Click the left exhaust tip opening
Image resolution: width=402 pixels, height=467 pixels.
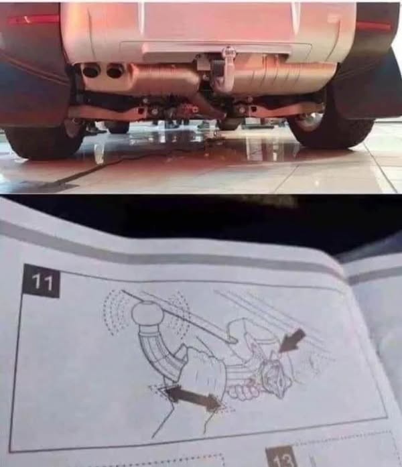[88, 71]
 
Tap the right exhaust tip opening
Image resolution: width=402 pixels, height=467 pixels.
[113, 72]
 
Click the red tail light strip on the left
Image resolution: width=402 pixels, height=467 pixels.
[33, 19]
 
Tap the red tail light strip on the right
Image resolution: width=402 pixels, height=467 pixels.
[374, 27]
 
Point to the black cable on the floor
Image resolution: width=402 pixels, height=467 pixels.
[89, 172]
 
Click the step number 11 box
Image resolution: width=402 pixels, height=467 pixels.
[42, 281]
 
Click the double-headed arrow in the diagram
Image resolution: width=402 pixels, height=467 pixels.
[193, 397]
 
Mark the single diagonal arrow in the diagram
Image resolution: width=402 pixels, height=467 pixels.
[293, 340]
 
